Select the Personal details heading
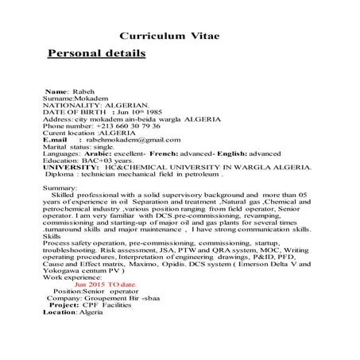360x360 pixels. click(97, 55)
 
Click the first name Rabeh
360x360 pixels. click(84, 92)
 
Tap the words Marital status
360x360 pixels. click(64, 147)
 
